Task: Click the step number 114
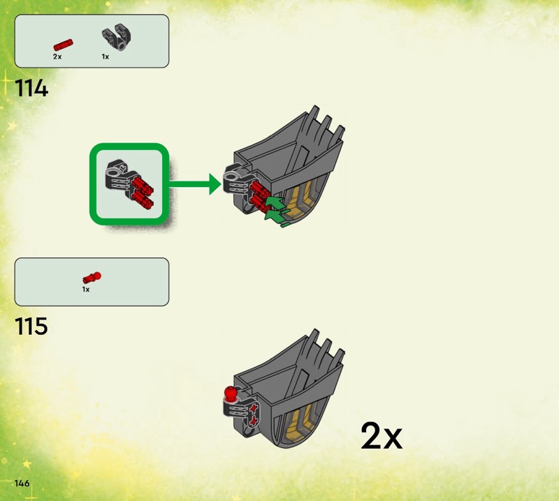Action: [x=31, y=89]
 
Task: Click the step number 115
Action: [x=31, y=325]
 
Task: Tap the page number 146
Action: [x=21, y=484]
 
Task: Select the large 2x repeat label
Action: [x=382, y=437]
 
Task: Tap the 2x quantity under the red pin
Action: [x=57, y=57]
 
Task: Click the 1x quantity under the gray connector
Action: [x=106, y=57]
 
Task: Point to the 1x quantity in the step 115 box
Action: [x=86, y=289]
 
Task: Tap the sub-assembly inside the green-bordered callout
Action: [x=129, y=184]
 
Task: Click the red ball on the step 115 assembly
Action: [x=229, y=393]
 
